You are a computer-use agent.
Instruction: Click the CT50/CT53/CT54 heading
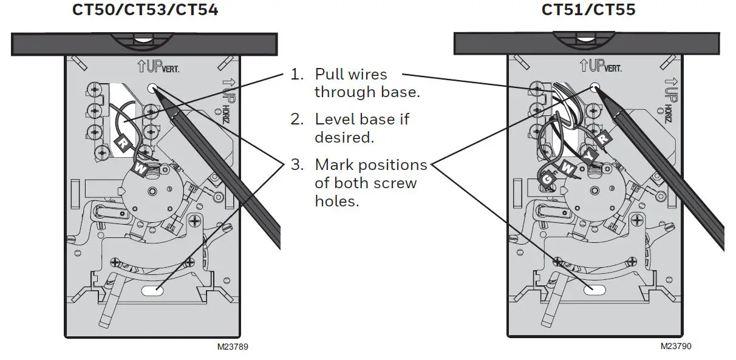[145, 10]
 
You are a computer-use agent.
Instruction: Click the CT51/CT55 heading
[588, 10]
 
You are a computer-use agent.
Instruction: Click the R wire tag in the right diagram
[603, 138]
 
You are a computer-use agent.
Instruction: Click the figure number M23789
[233, 347]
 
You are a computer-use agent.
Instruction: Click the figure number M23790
[676, 346]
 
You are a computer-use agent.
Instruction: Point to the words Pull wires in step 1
[350, 75]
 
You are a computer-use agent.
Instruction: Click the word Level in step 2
[333, 120]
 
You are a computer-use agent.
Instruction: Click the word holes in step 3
[336, 201]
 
